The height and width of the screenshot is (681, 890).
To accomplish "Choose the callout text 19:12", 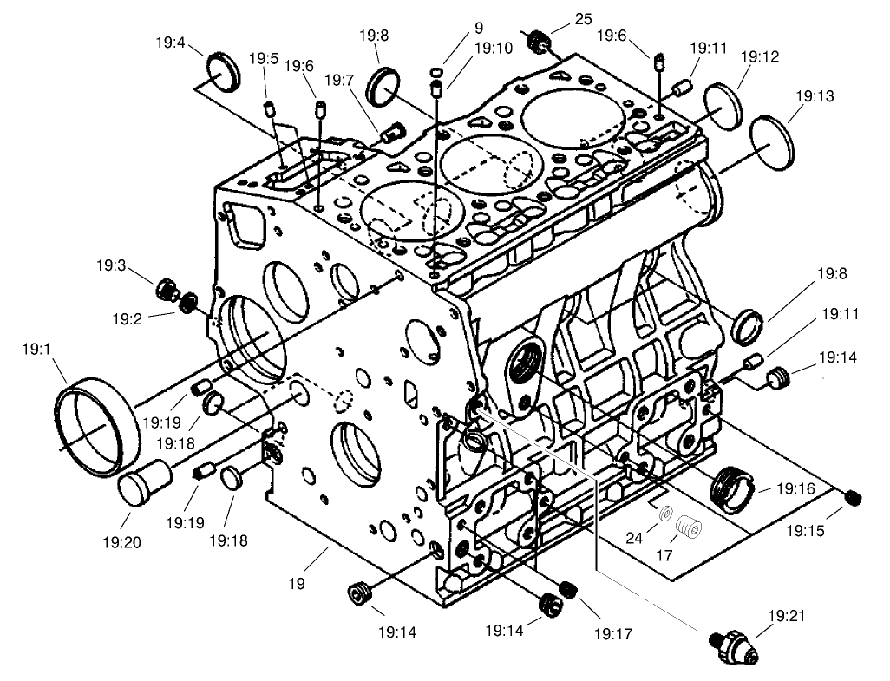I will tap(760, 56).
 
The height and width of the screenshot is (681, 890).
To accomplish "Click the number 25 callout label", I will tap(583, 19).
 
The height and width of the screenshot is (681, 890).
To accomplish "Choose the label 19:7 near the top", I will tap(338, 80).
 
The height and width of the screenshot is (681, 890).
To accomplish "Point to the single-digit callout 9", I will tap(478, 27).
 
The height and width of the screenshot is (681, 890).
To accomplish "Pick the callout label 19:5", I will tap(263, 59).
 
